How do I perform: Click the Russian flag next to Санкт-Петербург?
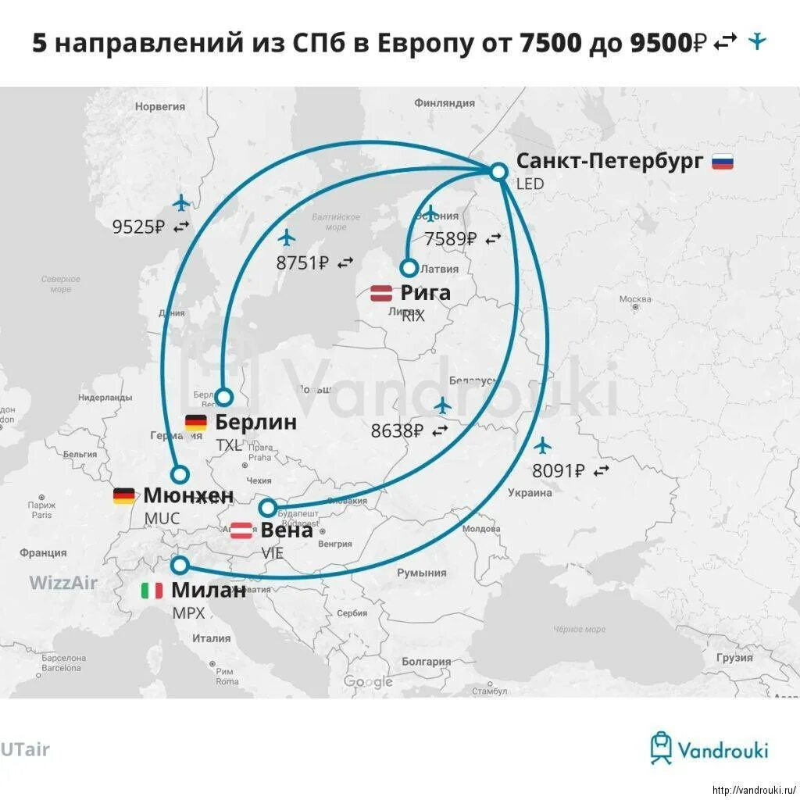click(x=722, y=162)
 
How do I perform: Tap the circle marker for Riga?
click(x=409, y=268)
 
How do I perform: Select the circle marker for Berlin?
click(x=224, y=397)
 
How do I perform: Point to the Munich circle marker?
click(x=180, y=473)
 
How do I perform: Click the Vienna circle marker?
click(x=268, y=509)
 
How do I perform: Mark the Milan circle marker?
click(x=180, y=565)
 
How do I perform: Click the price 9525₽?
click(x=138, y=227)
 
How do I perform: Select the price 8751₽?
click(x=302, y=263)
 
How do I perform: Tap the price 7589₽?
click(x=450, y=239)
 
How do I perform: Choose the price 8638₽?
click(x=397, y=430)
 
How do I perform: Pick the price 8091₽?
click(x=558, y=471)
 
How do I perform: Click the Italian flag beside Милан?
click(x=152, y=591)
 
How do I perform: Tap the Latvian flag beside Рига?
click(x=381, y=294)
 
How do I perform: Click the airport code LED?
click(x=529, y=184)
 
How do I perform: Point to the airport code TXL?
click(x=229, y=445)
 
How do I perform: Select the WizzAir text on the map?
click(x=63, y=582)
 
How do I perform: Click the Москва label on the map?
click(x=634, y=299)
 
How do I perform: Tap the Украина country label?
click(x=530, y=493)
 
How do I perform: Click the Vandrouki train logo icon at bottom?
click(x=661, y=748)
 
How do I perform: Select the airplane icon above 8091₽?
click(x=542, y=445)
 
